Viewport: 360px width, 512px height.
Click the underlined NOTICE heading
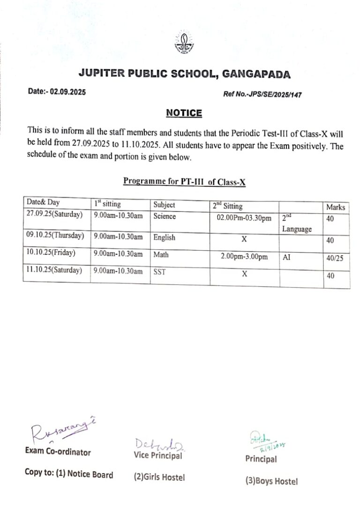coord(184,113)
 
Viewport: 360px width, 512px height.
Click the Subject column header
coord(164,205)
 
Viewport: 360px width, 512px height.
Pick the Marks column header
coord(335,207)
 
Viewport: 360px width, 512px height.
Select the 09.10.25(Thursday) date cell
coord(55,235)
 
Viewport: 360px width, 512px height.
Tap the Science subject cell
coord(165,216)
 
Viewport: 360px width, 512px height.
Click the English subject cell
coord(164,237)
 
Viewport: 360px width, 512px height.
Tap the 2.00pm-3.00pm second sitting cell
coord(244,257)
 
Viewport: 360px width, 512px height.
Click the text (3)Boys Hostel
coord(271,481)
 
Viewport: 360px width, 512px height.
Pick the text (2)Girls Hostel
coord(159,477)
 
